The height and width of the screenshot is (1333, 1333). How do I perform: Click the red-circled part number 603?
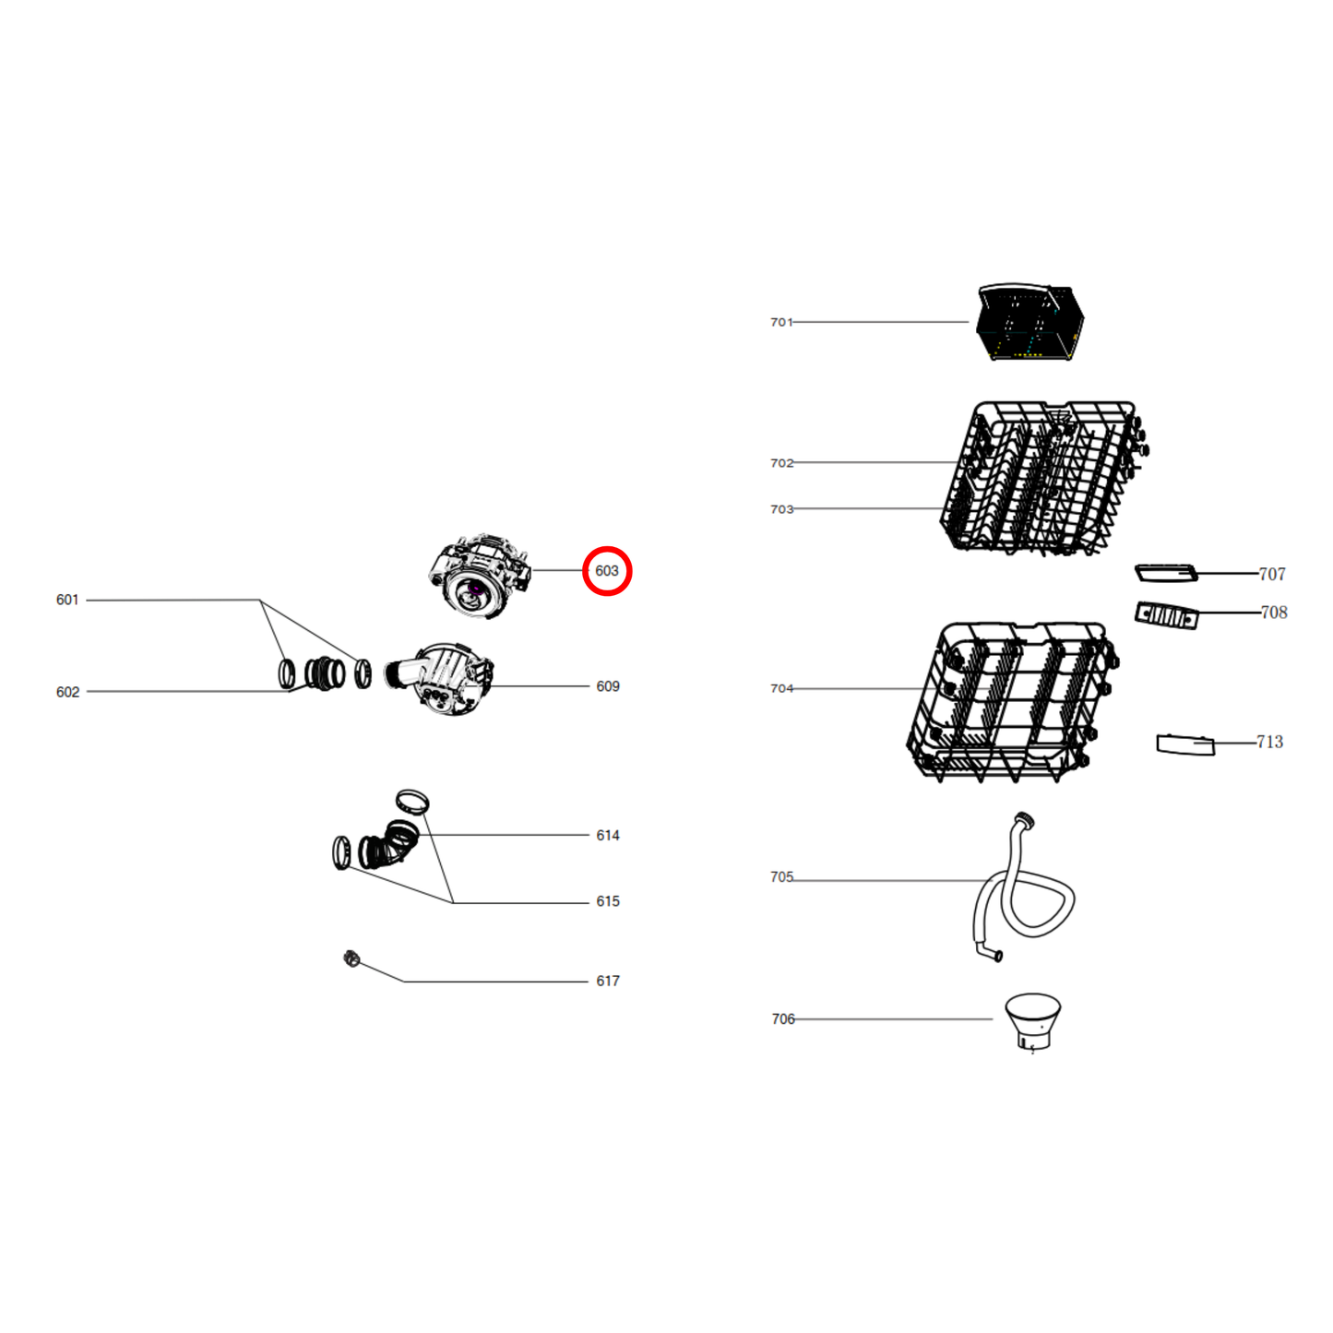pos(606,571)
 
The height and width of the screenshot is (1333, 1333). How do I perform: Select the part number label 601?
pos(67,600)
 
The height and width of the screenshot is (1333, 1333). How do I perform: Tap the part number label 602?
pos(67,692)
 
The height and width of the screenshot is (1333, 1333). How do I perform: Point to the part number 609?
pos(607,686)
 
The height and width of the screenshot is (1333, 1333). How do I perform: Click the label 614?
pos(607,835)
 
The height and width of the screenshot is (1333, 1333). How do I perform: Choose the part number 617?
pos(607,981)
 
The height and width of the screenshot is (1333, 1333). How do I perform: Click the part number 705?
pos(781,877)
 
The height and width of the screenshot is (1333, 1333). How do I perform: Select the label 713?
pos(1269,742)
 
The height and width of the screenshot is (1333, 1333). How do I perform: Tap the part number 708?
pos(1273,613)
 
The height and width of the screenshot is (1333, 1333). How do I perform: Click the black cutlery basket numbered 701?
pos(1029,322)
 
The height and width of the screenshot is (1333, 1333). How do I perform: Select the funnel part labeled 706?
pos(1032,1018)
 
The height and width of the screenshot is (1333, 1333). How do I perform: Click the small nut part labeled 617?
pos(351,958)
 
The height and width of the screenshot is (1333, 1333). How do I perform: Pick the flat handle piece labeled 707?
pos(1165,574)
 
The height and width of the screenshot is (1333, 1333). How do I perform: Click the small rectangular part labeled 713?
pos(1185,744)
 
